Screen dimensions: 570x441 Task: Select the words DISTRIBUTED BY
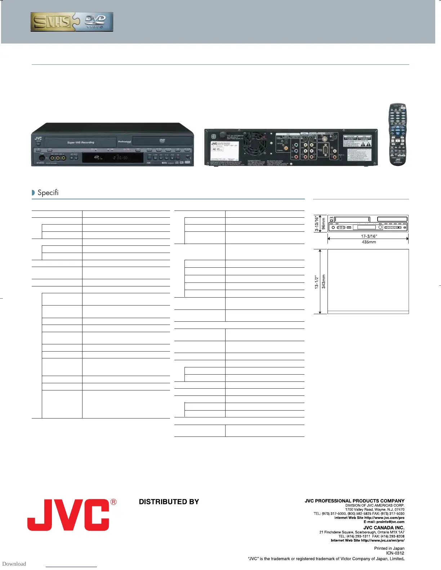click(x=169, y=502)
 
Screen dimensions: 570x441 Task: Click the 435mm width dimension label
click(x=369, y=242)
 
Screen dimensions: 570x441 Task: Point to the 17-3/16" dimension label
click(x=369, y=236)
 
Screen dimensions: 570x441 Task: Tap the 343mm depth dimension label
click(x=324, y=281)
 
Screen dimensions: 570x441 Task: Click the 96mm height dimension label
click(x=324, y=223)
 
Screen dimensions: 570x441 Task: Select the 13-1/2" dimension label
click(x=317, y=282)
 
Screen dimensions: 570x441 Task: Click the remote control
click(x=397, y=135)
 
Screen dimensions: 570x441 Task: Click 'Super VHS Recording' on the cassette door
click(x=81, y=142)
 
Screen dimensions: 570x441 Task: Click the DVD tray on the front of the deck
click(x=162, y=141)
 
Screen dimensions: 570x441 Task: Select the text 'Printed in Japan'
click(x=389, y=548)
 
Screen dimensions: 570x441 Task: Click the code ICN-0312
click(x=395, y=553)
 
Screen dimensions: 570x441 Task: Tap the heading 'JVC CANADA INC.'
click(x=384, y=528)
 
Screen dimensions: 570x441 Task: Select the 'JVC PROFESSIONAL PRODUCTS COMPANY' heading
click(x=355, y=501)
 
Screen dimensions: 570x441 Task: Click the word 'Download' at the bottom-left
click(x=14, y=564)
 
